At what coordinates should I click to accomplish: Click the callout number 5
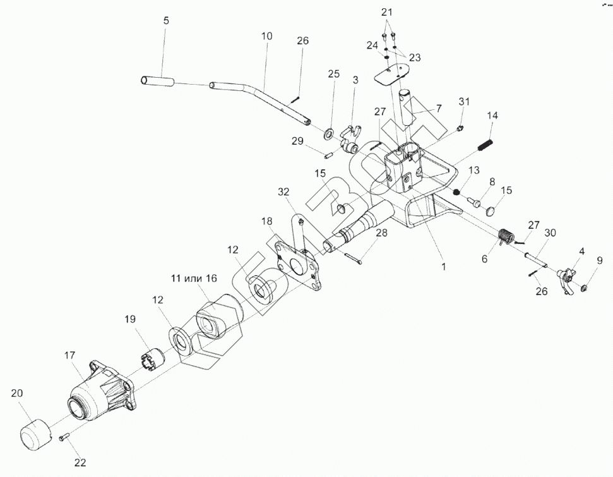tap(166, 21)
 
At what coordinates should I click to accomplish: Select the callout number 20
tap(16, 393)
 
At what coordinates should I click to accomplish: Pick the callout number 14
tap(492, 116)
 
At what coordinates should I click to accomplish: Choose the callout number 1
tap(444, 267)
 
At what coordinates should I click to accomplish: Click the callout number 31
tap(465, 102)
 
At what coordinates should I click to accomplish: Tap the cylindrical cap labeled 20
tap(35, 435)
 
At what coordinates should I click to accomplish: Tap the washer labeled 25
tap(330, 135)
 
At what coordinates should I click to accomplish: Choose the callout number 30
tap(550, 233)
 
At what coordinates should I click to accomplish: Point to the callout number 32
tap(283, 191)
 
